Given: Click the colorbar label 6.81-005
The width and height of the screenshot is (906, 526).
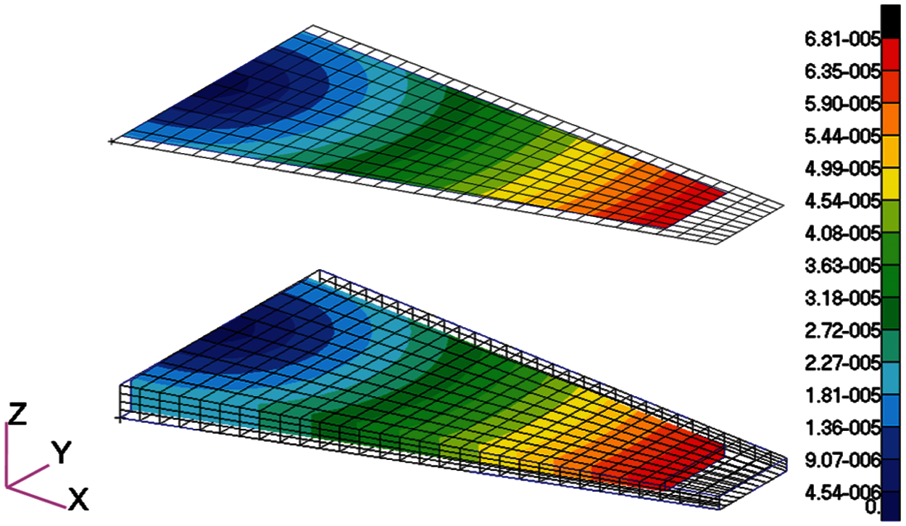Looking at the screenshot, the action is coord(842,40).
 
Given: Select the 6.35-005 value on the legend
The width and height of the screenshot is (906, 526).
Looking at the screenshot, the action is coord(842,73).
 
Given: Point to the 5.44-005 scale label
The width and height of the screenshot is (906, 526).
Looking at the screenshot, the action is coord(842,137).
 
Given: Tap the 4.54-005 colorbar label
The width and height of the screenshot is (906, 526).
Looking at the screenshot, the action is coord(842,202).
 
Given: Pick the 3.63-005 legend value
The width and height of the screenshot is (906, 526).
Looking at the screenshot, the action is coord(842,266).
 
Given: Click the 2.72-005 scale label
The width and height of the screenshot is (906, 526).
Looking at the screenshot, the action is coord(842,332).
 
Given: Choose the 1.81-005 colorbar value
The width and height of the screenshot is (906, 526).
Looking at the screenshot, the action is coord(842,395).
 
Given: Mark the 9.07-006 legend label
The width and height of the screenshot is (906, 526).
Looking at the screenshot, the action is coord(842,461).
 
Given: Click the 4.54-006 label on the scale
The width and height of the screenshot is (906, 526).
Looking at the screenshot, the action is coord(842,493).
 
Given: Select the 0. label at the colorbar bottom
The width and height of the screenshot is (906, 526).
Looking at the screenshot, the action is coord(872,507).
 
